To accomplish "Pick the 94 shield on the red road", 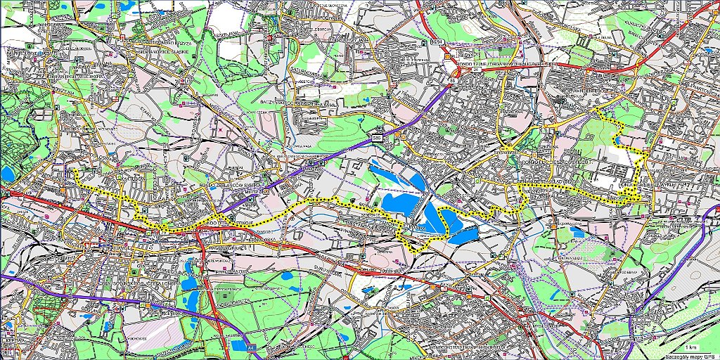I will [x=437, y=44].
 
